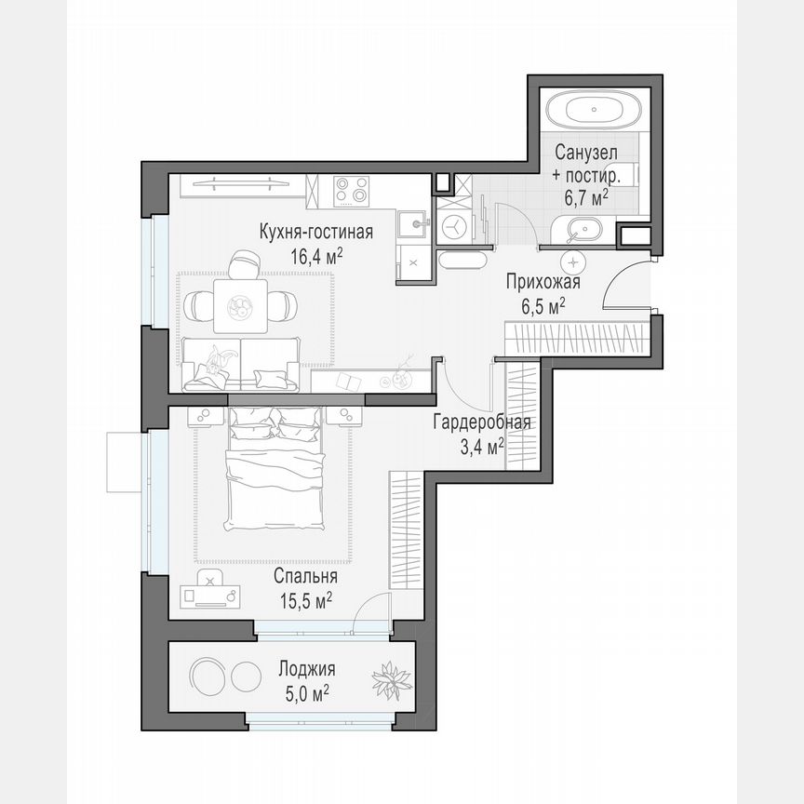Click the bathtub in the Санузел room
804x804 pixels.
(593, 112)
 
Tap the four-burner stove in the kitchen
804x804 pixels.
(352, 192)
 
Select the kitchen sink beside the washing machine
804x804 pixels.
(411, 224)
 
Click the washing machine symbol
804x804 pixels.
(455, 225)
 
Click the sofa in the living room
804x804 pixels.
(241, 364)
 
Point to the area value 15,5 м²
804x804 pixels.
(306, 600)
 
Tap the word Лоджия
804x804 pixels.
(307, 669)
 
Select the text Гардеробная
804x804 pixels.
(481, 423)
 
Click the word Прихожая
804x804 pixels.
(543, 283)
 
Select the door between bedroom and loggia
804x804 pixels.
(374, 614)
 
